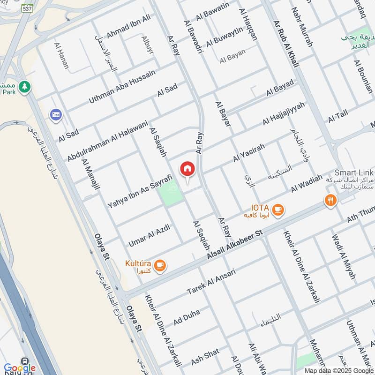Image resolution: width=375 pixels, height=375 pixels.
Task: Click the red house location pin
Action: tap(187, 169)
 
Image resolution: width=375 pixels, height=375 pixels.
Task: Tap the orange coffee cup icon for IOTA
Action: tap(278, 209)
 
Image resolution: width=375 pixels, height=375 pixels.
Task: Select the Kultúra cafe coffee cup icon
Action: tap(160, 265)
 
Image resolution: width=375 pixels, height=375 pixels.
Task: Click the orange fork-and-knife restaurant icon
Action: tap(330, 201)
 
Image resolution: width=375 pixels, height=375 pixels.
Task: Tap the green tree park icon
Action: tap(25, 86)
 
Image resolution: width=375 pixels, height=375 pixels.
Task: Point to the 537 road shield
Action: tap(28, 8)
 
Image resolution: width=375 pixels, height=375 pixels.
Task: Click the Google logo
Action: tap(20, 368)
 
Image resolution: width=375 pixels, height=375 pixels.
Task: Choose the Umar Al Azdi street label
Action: tap(149, 236)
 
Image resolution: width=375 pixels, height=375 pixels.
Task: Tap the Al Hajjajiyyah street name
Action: tap(284, 113)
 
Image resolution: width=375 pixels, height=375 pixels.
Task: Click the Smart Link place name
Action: tap(353, 172)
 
